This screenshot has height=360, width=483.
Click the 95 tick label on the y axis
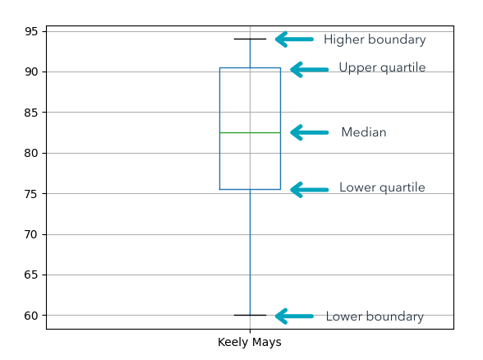coord(31,31)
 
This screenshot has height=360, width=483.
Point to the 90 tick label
coord(31,72)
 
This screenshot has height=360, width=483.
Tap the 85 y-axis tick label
coord(31,113)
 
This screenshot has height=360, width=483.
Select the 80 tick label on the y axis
coord(31,153)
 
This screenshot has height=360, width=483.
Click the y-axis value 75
coord(31,194)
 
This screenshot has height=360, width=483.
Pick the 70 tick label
coord(31,234)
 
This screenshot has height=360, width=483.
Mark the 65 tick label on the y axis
coord(31,275)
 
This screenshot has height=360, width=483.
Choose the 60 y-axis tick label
coord(31,316)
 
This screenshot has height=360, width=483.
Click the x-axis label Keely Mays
coord(250,342)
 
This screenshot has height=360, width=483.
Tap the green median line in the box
coord(250,133)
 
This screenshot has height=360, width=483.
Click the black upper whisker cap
coord(250,39)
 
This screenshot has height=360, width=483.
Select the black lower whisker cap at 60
coord(250,315)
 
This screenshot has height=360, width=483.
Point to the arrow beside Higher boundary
coord(294,39)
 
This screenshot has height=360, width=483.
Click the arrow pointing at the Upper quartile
coord(309,70)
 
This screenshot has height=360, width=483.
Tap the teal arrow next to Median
coord(309,132)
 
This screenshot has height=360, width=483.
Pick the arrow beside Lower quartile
coord(309,190)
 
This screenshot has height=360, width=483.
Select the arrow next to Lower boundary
coord(294,316)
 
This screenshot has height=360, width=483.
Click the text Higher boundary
coord(375,39)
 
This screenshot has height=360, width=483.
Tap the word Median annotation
coord(364,132)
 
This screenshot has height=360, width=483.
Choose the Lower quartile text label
coord(382,187)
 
